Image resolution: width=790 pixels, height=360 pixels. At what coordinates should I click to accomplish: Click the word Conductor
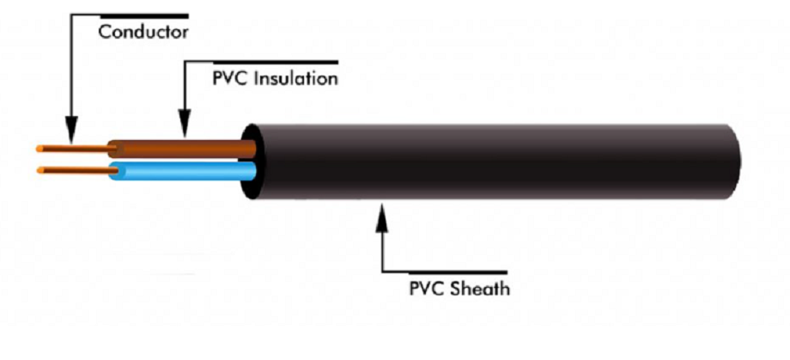coord(142,34)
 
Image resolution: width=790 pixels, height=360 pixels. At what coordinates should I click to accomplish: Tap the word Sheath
coord(478,288)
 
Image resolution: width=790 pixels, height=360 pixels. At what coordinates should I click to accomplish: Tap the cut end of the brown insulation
coord(109,149)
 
